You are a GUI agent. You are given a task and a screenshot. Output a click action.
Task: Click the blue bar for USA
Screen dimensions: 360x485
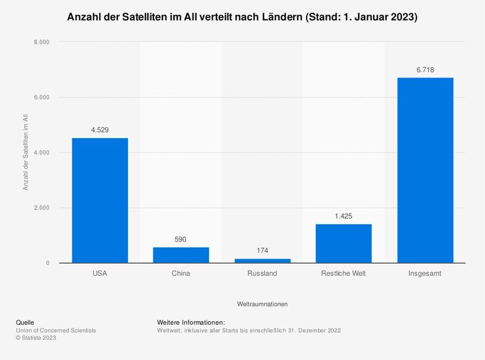(x=100, y=200)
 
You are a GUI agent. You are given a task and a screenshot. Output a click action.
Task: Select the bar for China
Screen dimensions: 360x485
(x=181, y=255)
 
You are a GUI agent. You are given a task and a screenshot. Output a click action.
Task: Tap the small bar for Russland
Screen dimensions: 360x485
(x=262, y=261)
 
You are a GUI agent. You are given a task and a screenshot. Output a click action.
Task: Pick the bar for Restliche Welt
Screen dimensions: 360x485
(x=343, y=243)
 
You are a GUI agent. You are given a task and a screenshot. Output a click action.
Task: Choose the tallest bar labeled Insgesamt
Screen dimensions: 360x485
(x=424, y=170)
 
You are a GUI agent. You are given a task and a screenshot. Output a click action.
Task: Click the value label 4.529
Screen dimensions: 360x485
(x=100, y=130)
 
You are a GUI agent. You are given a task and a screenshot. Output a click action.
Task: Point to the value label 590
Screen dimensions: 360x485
(x=181, y=239)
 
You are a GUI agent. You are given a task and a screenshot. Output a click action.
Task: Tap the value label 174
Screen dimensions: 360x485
(x=262, y=250)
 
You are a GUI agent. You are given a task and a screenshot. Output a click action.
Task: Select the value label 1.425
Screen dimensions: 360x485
(x=343, y=216)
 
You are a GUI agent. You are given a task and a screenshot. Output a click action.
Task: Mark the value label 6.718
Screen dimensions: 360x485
(x=424, y=70)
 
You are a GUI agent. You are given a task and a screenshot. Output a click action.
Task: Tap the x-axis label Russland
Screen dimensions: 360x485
(x=262, y=273)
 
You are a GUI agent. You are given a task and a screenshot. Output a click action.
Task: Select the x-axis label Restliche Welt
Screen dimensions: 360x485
(x=343, y=273)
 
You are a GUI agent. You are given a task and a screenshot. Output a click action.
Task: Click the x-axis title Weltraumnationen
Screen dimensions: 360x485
(x=262, y=302)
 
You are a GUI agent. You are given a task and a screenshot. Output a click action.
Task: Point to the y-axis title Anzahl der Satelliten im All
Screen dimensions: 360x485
(x=26, y=152)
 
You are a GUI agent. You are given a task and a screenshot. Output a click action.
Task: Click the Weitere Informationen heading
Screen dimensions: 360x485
(x=191, y=322)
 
